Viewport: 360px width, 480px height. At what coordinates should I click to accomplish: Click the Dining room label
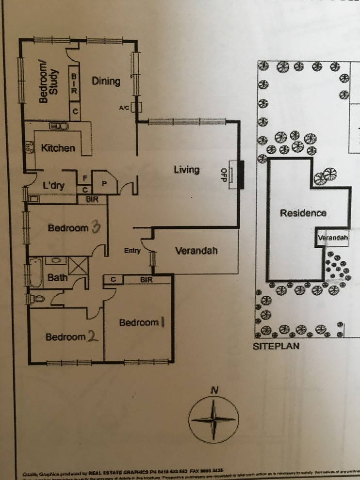click(x=106, y=81)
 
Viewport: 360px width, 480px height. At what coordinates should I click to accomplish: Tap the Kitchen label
click(x=58, y=148)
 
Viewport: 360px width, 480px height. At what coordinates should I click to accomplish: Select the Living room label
click(x=187, y=170)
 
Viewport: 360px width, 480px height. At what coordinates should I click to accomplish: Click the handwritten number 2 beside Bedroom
click(x=92, y=336)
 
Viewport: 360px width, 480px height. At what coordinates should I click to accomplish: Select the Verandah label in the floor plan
click(x=196, y=251)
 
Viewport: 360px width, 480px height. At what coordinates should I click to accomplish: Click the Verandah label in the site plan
click(x=333, y=238)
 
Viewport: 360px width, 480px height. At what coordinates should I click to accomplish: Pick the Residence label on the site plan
click(x=303, y=213)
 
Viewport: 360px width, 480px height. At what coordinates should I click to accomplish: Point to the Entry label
click(x=132, y=251)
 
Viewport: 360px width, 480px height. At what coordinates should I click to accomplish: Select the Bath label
click(x=58, y=278)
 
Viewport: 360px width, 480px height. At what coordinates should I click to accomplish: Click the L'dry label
click(x=54, y=185)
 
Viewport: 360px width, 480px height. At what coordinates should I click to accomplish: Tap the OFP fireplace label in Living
click(x=224, y=175)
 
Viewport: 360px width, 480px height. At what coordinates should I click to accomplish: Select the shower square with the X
click(x=77, y=267)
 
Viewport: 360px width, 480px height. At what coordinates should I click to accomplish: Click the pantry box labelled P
click(x=104, y=182)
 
